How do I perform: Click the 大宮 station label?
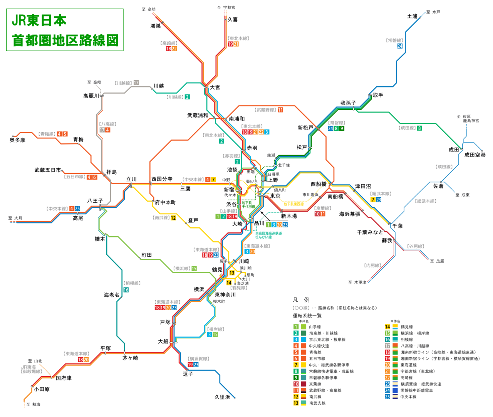point(215,87)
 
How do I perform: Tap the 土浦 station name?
point(412,16)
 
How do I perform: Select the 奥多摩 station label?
point(17,140)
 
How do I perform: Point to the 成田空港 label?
point(475,155)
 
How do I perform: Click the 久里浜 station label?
point(222,397)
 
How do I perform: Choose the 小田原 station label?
point(42,389)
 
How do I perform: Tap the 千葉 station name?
point(397,226)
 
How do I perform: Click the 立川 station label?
point(131,179)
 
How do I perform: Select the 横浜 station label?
point(199,289)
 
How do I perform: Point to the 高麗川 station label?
point(91,96)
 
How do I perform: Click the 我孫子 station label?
point(348,103)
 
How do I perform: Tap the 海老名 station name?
point(111,295)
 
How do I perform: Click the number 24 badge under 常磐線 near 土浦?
point(400,46)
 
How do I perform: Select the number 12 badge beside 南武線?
point(173,218)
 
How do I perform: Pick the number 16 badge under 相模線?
point(126,290)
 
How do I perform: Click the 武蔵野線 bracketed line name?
point(265,110)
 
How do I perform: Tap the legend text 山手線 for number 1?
point(315,327)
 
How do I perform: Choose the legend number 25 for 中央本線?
point(387,397)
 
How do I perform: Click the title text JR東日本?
point(39,20)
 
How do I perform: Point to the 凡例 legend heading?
point(301,300)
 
